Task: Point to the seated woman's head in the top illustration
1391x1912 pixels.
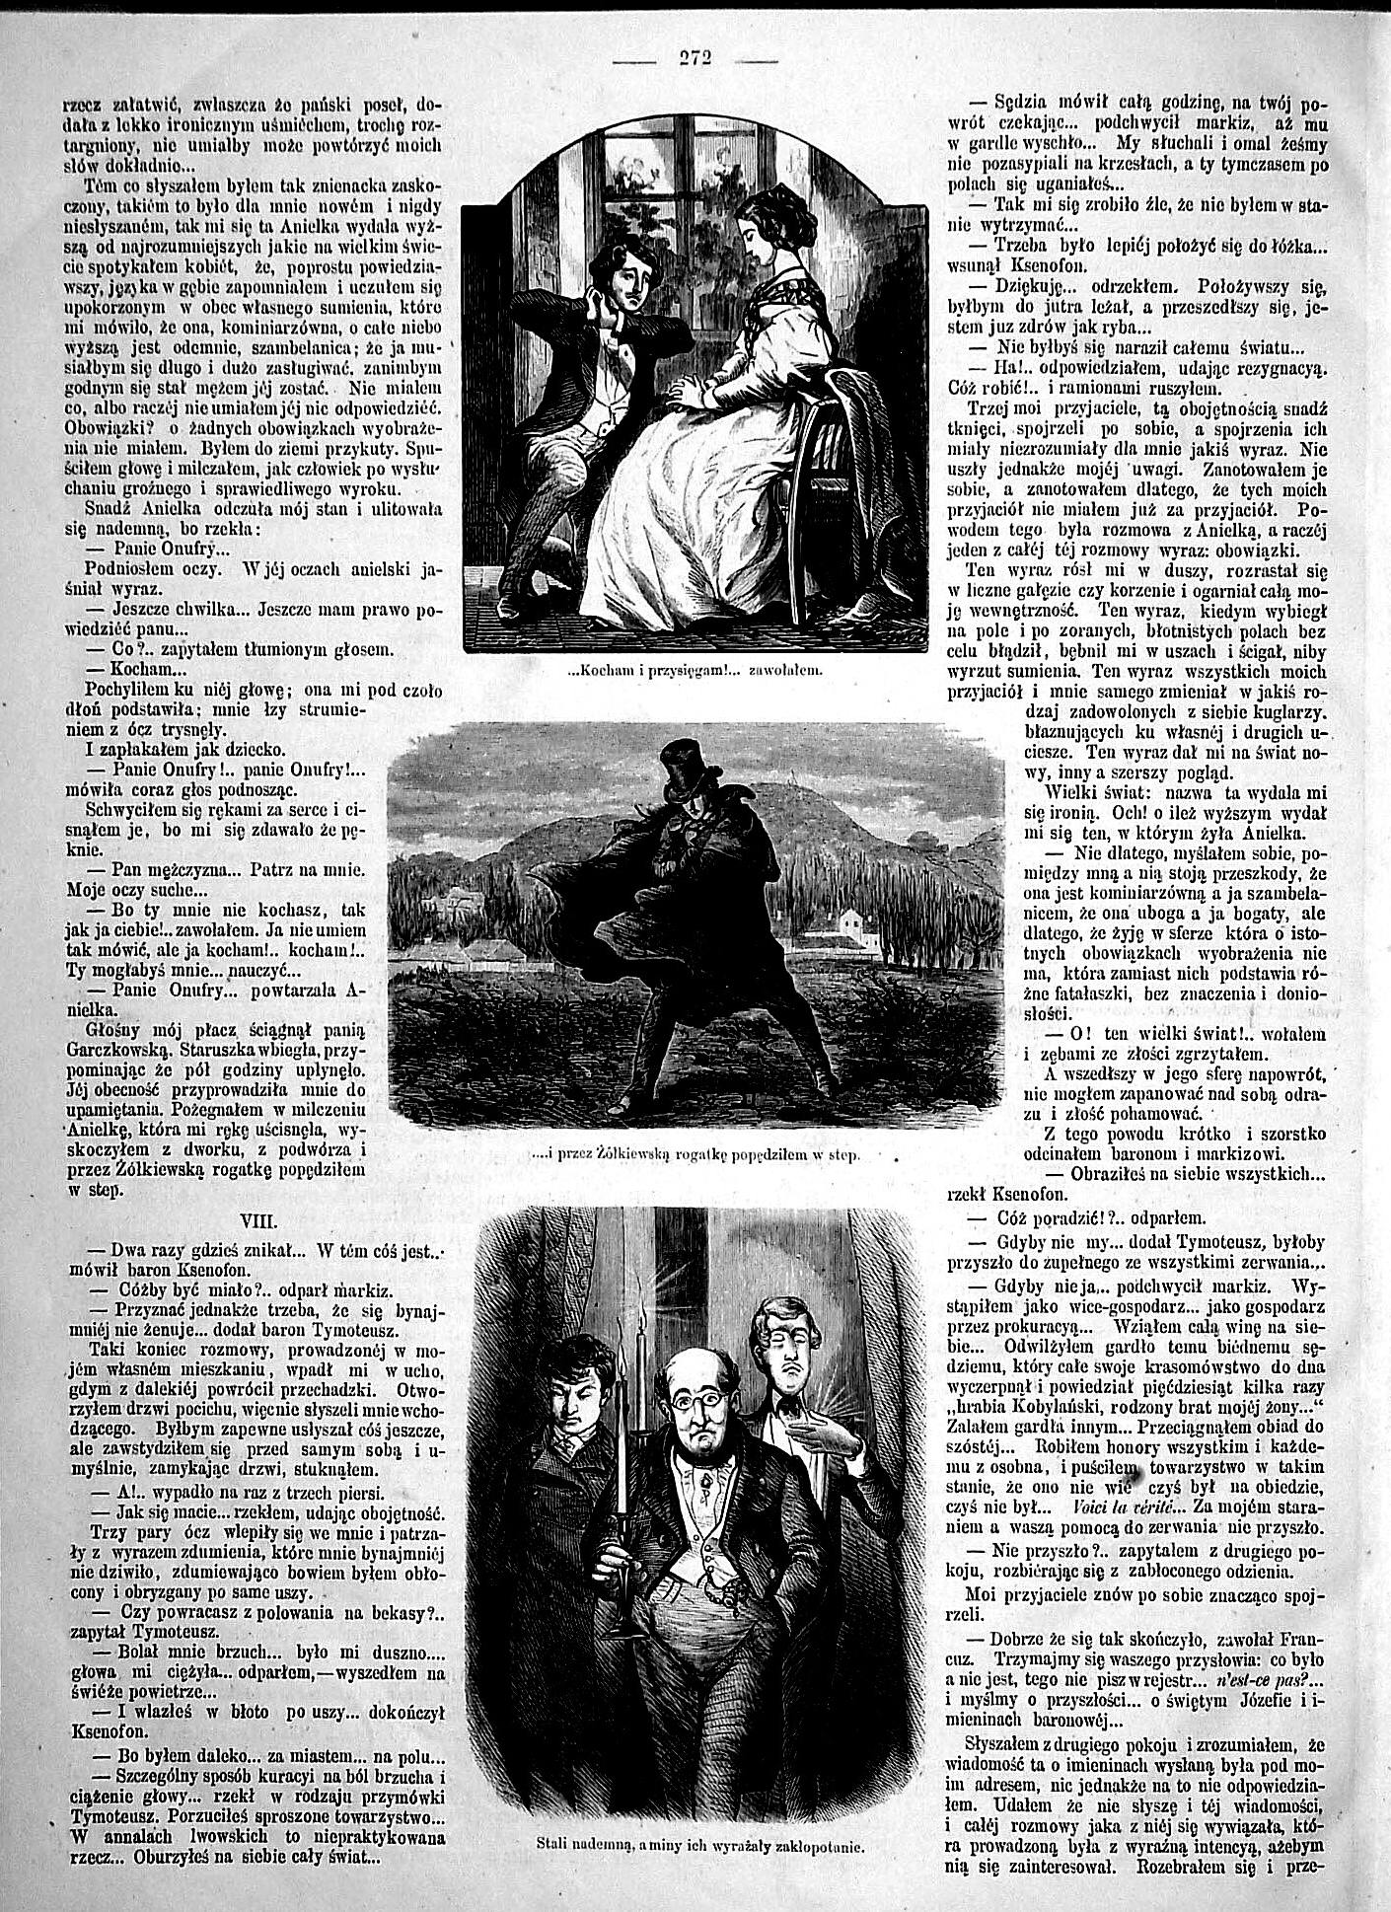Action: (762, 227)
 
